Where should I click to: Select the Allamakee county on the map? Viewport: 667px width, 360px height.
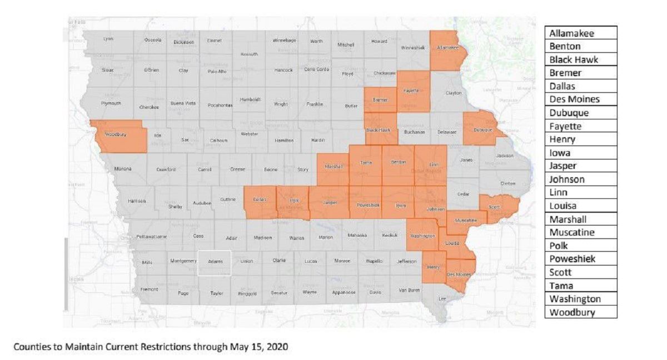tap(447, 49)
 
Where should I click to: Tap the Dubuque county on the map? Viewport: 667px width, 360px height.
tap(482, 128)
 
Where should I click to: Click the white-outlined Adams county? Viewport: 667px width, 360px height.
tap(215, 262)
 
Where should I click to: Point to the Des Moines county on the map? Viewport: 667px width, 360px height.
tap(459, 274)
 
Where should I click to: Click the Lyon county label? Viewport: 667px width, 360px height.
tap(108, 39)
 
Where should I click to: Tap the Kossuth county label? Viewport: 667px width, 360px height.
tap(248, 54)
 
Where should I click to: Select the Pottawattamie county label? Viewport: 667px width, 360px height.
tap(151, 236)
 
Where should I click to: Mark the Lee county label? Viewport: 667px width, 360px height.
tap(442, 298)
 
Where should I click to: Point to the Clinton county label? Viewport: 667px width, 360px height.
tap(507, 183)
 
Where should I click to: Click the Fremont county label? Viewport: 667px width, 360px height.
tap(149, 289)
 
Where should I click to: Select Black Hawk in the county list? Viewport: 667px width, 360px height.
tap(574, 59)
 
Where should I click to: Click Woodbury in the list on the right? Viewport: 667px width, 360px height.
tap(572, 312)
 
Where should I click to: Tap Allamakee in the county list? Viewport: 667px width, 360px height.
tap(571, 33)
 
